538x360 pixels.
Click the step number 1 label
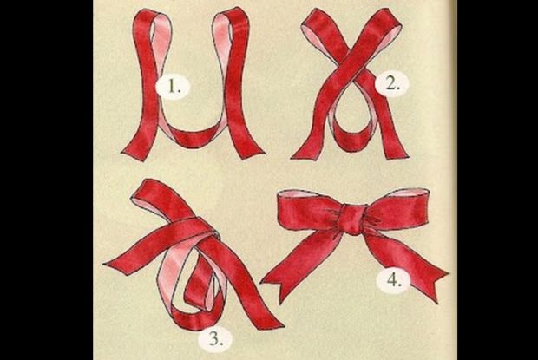pos(173,87)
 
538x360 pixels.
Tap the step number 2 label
pos(392,83)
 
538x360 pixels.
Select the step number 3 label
pos(215,339)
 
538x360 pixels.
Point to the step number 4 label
pos(393,281)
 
